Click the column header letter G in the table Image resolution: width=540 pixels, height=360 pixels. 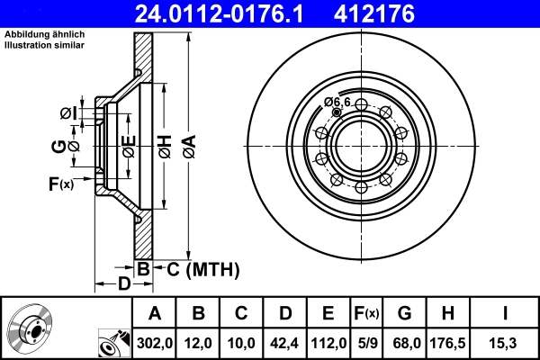coord(404,312)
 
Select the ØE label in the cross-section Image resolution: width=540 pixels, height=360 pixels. coord(129,147)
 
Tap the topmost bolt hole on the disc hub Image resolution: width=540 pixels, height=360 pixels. coord(360,105)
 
